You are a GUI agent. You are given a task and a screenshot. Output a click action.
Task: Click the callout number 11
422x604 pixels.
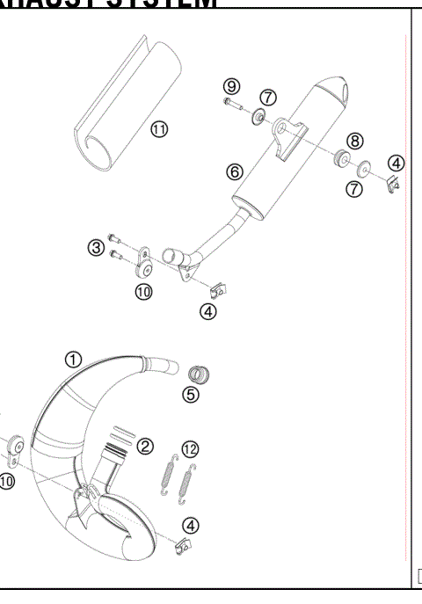[x=159, y=128]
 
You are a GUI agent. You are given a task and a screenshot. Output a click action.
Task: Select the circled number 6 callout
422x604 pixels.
[x=235, y=172]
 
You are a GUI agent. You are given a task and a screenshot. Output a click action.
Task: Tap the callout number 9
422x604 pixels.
[x=231, y=85]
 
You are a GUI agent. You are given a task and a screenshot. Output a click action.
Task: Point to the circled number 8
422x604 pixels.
[x=354, y=140]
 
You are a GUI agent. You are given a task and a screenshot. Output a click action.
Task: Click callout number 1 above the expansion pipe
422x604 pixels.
[x=74, y=359]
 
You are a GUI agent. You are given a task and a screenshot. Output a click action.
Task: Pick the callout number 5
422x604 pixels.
[x=191, y=395]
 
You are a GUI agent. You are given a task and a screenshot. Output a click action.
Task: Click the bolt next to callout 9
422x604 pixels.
[x=232, y=104]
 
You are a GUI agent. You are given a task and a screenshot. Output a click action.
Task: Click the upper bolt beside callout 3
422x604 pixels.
[x=116, y=237]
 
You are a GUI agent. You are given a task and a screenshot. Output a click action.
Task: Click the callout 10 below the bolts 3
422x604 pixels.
[x=143, y=291]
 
